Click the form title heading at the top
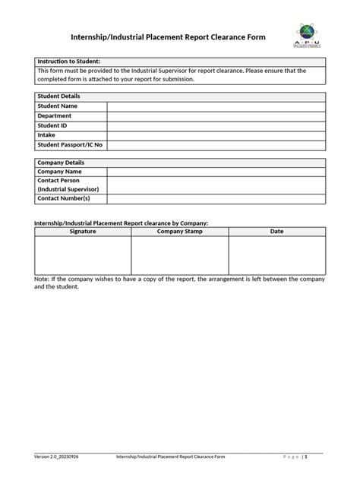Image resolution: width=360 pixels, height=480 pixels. pyautogui.click(x=168, y=36)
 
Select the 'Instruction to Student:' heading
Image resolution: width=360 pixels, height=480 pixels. pyautogui.click(x=69, y=61)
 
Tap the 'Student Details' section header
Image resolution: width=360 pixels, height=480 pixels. pyautogui.click(x=59, y=96)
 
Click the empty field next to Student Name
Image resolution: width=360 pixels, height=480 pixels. pyautogui.click(x=216, y=106)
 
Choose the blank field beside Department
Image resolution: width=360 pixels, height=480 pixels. pyautogui.click(x=216, y=115)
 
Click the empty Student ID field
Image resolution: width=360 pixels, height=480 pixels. pyautogui.click(x=216, y=125)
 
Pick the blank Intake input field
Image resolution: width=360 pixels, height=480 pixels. pyautogui.click(x=216, y=134)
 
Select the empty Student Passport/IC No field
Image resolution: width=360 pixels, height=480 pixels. pyautogui.click(x=216, y=144)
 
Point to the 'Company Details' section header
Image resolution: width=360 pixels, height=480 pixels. pyautogui.click(x=62, y=163)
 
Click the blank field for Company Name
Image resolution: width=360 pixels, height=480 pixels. pyautogui.click(x=216, y=172)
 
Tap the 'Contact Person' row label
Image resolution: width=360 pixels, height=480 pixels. pyautogui.click(x=61, y=181)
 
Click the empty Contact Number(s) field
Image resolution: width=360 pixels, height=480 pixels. pyautogui.click(x=216, y=199)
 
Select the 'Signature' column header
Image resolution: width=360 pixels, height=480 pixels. pyautogui.click(x=83, y=231)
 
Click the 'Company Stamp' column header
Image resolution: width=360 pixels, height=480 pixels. pyautogui.click(x=180, y=231)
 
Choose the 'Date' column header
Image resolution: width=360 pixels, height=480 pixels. pyautogui.click(x=277, y=231)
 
